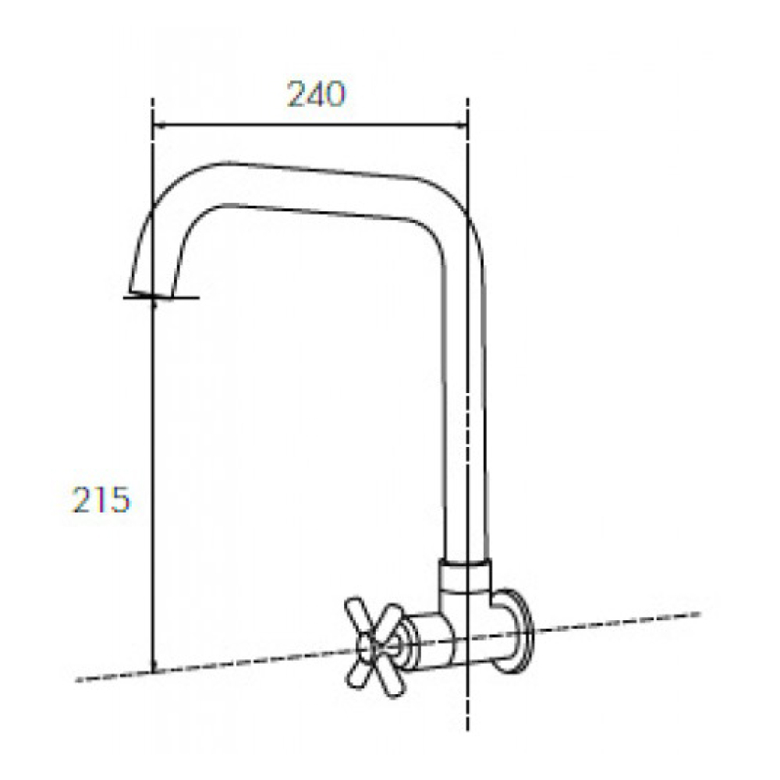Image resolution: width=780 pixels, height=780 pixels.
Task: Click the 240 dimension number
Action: (x=316, y=94)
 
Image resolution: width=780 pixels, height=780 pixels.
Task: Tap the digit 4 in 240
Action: (x=316, y=94)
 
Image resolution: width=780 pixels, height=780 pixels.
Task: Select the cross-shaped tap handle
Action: (x=376, y=647)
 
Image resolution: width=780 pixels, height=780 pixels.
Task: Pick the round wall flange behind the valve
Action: (x=515, y=631)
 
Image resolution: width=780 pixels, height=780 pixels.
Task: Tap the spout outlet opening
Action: (x=151, y=295)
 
